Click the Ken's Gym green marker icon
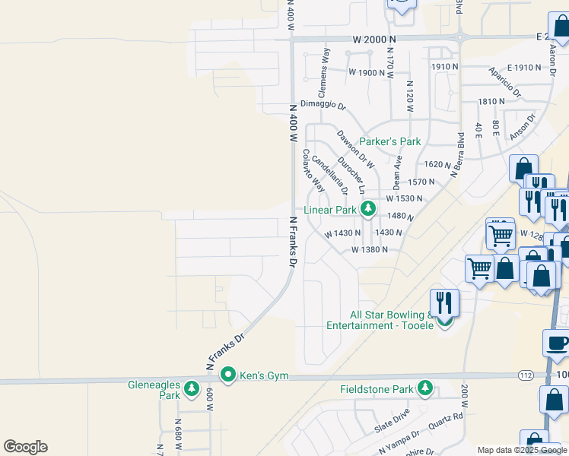(227, 375)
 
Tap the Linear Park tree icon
(369, 208)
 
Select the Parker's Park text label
(389, 141)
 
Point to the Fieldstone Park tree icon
(425, 389)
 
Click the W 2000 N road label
(374, 38)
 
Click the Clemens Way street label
(325, 65)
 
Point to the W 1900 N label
(367, 72)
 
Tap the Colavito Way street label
(313, 169)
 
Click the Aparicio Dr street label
(505, 82)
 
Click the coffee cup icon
(556, 342)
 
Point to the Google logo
(26, 447)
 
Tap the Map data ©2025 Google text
(523, 450)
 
